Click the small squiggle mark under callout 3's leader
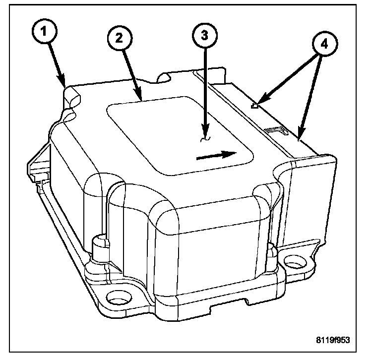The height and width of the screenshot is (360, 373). click(x=203, y=140)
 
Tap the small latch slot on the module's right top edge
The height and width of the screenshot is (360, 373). click(x=275, y=130)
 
